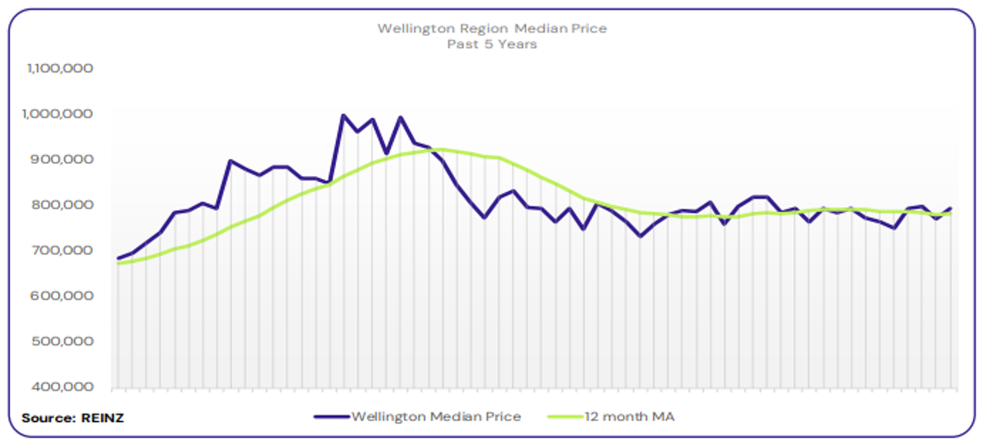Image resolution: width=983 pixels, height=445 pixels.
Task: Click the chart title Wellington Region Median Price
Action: pyautogui.click(x=492, y=29)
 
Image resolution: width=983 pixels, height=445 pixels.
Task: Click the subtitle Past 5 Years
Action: pyautogui.click(x=492, y=44)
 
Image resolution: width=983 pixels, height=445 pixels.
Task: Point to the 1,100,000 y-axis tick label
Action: pyautogui.click(x=59, y=68)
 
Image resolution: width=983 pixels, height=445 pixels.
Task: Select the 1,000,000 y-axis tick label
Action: pyautogui.click(x=59, y=114)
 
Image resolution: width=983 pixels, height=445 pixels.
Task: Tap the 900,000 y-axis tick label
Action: pyautogui.click(x=64, y=159)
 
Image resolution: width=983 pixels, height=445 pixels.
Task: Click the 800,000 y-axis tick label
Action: pyautogui.click(x=64, y=205)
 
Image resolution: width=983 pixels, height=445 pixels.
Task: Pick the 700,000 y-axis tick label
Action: pyautogui.click(x=64, y=251)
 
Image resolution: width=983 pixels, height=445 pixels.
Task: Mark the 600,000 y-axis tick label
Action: pyautogui.click(x=64, y=296)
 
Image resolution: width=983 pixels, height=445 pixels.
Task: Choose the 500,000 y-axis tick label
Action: pyautogui.click(x=64, y=342)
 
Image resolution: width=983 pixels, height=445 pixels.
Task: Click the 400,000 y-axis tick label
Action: pyautogui.click(x=64, y=387)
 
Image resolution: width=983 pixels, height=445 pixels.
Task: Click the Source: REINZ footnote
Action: pyautogui.click(x=73, y=418)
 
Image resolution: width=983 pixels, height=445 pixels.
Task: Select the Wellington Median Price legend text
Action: pyautogui.click(x=435, y=417)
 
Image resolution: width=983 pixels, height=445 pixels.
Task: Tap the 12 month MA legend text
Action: pyautogui.click(x=630, y=417)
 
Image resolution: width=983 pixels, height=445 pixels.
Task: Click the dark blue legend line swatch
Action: pyautogui.click(x=331, y=417)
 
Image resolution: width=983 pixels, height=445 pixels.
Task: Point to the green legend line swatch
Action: pyautogui.click(x=564, y=417)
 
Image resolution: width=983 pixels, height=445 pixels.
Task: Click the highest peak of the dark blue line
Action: pyautogui.click(x=343, y=115)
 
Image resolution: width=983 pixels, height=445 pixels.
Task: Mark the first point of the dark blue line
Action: pyautogui.click(x=119, y=259)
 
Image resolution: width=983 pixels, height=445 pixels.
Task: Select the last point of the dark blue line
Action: pyautogui.click(x=950, y=208)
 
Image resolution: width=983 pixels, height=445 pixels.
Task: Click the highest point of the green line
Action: pyautogui.click(x=441, y=149)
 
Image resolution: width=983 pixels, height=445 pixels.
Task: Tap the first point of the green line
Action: pyautogui.click(x=119, y=263)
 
